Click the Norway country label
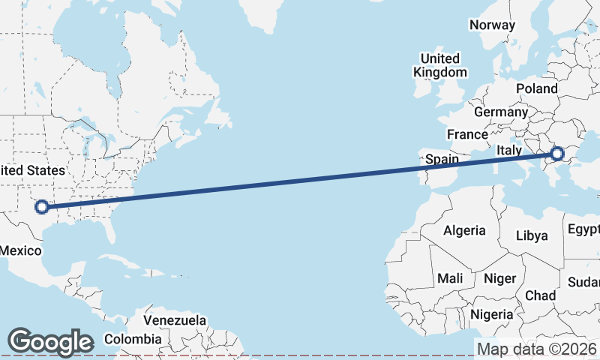pyautogui.click(x=492, y=25)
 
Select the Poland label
pyautogui.click(x=536, y=88)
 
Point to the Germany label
pyautogui.click(x=501, y=112)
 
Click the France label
pyautogui.click(x=467, y=134)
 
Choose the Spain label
pyautogui.click(x=442, y=159)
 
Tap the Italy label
pyautogui.click(x=508, y=151)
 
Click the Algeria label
pyautogui.click(x=464, y=230)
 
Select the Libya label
pyautogui.click(x=532, y=235)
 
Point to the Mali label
pyautogui.click(x=450, y=278)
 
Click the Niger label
pyautogui.click(x=500, y=278)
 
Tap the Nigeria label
pyautogui.click(x=492, y=313)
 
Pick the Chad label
pyautogui.click(x=540, y=295)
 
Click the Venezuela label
pyautogui.click(x=175, y=320)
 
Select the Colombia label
pyautogui.click(x=129, y=338)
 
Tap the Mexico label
pyautogui.click(x=20, y=250)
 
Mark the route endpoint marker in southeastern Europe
pyautogui.click(x=556, y=154)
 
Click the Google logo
pyautogui.click(x=49, y=342)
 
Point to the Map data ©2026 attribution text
pyautogui.click(x=536, y=349)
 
